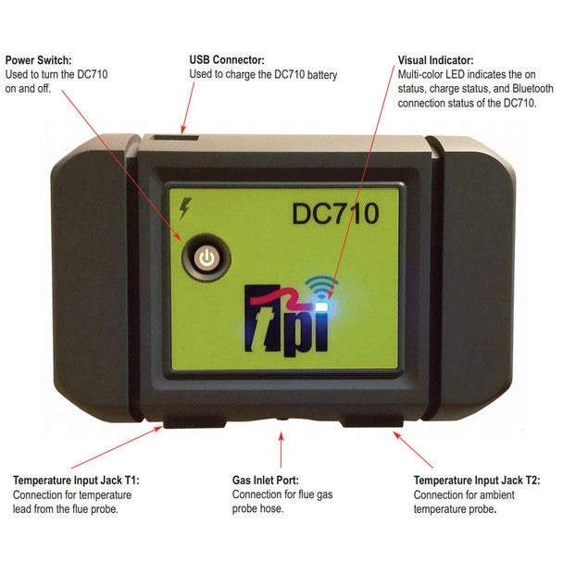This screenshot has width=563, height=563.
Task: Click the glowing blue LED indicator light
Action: pos(322,307)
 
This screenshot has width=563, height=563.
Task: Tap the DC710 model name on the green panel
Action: pos(336,214)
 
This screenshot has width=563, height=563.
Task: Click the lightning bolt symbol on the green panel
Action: pos(185,208)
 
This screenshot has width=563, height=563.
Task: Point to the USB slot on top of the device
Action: pos(176,137)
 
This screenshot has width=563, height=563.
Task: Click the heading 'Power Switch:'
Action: pos(38,60)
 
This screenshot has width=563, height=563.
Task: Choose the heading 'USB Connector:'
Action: pos(227,59)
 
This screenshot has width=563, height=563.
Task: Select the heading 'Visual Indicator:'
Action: pos(435,60)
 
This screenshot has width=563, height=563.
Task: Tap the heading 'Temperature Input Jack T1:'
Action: pos(76,480)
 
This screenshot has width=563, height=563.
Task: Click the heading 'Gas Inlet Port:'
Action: pos(266,480)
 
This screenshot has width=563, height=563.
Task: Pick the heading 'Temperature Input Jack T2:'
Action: pos(477,480)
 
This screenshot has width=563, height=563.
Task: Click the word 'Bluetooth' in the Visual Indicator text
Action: pos(532,89)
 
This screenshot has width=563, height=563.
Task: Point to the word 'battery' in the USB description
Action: pos(322,75)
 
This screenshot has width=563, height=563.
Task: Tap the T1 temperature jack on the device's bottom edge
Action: pos(194,422)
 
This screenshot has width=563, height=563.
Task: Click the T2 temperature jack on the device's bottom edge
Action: pos(372,421)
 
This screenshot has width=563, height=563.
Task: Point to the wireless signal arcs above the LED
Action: pos(320,286)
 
